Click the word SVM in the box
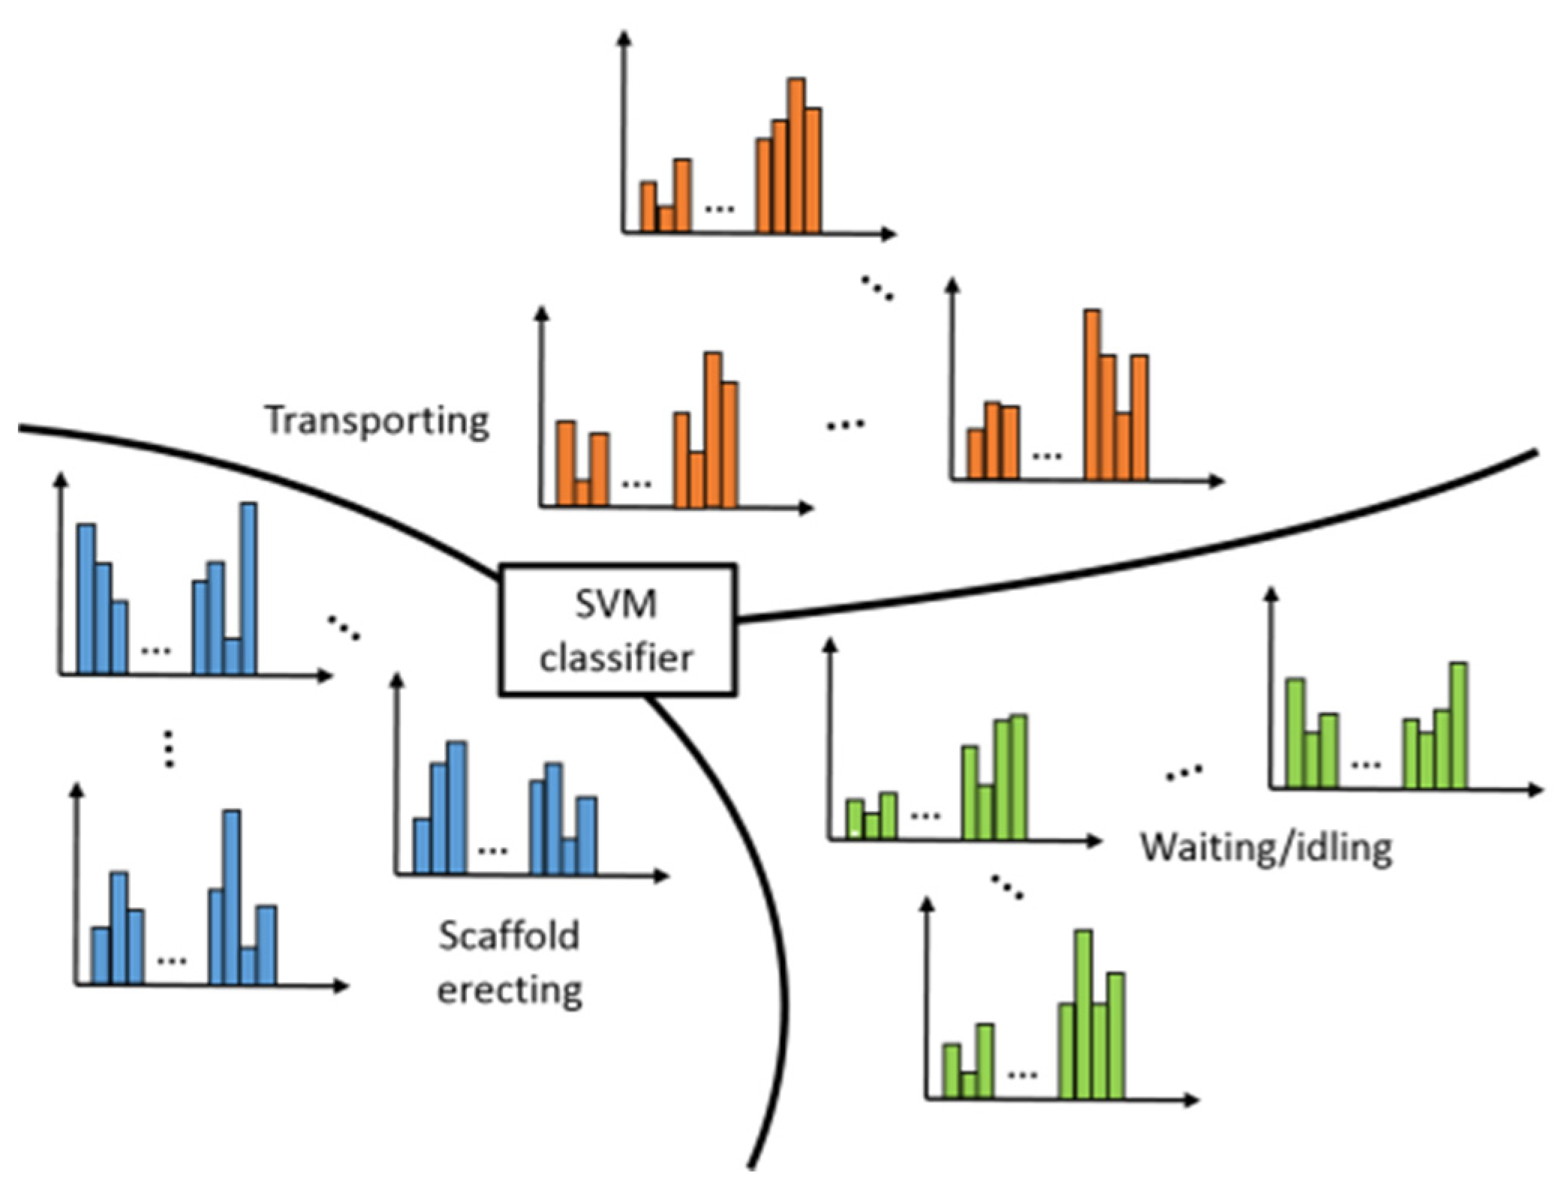[x=615, y=604]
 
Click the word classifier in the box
[x=616, y=659]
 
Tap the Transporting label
[x=377, y=420]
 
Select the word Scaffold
[x=509, y=936]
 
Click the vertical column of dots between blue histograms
[x=169, y=748]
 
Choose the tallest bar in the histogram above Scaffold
[x=456, y=807]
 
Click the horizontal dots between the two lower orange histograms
[x=845, y=425]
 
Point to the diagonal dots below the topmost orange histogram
[x=877, y=288]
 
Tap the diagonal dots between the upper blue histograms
[x=344, y=627]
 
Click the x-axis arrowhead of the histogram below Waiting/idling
[x=1192, y=1100]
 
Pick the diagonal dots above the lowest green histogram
[x=1006, y=887]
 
